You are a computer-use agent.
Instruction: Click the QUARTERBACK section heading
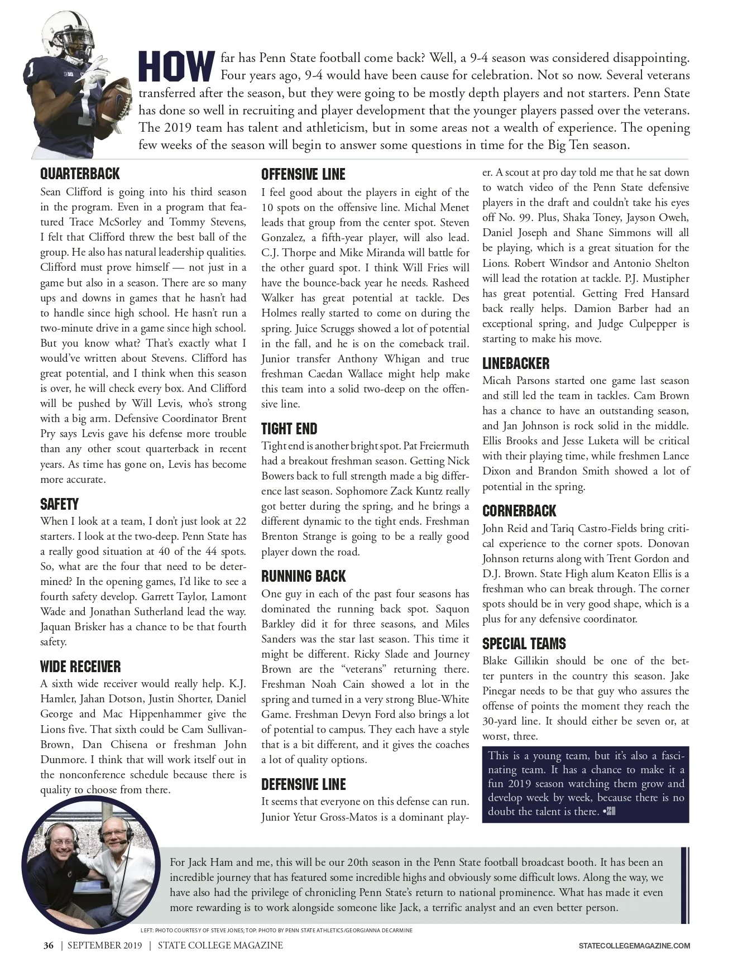tap(80, 175)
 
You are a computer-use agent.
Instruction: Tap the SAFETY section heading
tap(59, 504)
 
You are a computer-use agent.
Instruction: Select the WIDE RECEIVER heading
tap(80, 667)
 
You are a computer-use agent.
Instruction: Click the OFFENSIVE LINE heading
tap(303, 175)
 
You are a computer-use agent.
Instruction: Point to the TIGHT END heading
tap(289, 429)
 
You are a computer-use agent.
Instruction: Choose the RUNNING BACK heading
tap(304, 576)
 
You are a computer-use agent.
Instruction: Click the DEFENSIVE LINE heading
tap(304, 784)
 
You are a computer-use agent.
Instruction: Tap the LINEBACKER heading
tap(516, 363)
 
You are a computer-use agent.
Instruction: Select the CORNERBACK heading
tap(519, 511)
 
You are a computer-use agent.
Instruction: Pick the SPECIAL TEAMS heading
tap(524, 644)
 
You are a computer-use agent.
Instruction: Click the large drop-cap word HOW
tap(176, 66)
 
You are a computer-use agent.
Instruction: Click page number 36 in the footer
tap(49, 945)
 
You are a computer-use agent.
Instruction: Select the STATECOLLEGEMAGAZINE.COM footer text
tap(634, 946)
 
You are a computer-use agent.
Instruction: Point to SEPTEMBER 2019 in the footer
tap(104, 945)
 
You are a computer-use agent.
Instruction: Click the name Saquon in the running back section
tap(451, 609)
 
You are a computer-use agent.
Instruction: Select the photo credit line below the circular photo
tap(276, 931)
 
